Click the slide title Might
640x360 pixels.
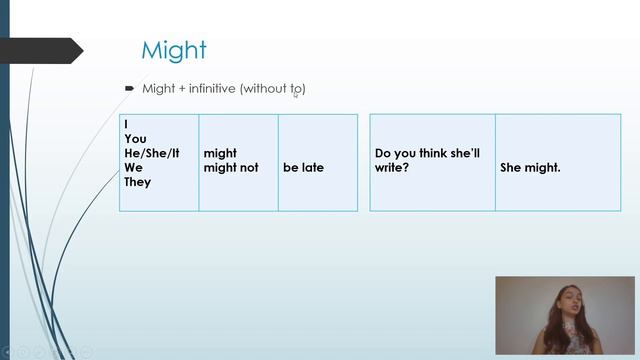tap(173, 50)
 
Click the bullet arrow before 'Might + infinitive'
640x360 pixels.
tap(130, 88)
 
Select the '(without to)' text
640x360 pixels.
tap(272, 89)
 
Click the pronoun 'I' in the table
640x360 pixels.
tap(127, 124)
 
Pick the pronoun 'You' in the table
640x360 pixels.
tap(135, 139)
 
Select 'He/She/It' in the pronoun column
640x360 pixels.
tap(152, 153)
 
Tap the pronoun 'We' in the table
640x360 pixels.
tap(134, 168)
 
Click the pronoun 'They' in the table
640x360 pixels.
tap(138, 182)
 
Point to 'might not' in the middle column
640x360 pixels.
tap(231, 168)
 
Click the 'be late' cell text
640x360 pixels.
tap(303, 168)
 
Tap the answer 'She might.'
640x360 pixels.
tap(530, 168)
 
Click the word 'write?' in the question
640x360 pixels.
tap(393, 168)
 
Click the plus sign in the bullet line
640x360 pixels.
tap(181, 89)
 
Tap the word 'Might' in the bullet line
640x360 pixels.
tap(158, 89)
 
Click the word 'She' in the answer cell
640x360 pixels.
tap(512, 168)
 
